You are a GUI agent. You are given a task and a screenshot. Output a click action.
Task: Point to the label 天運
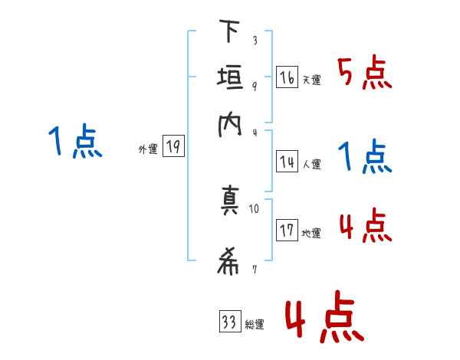311,80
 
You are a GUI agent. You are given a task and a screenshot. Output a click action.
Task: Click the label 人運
311,163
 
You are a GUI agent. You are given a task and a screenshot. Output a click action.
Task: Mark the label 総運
255,325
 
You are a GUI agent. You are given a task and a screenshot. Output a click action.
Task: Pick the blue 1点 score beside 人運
365,157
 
